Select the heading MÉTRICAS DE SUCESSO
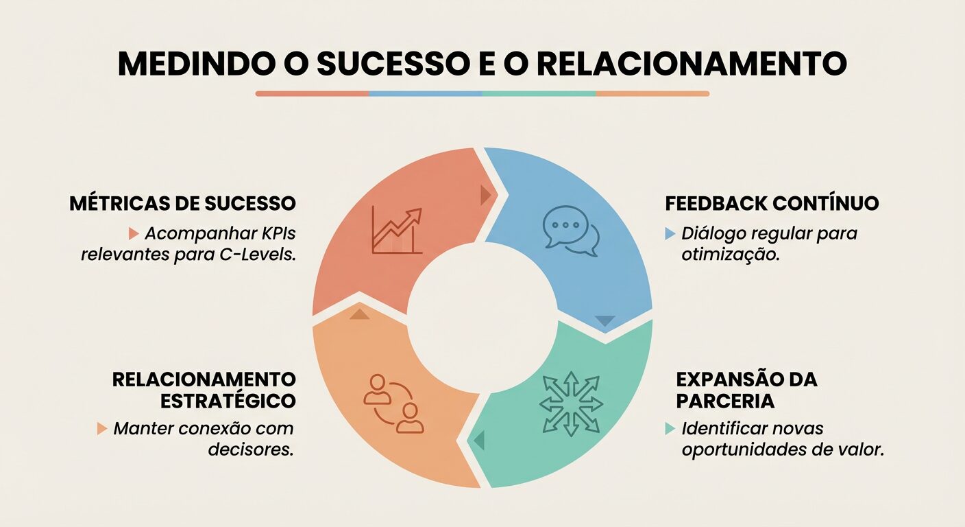click(182, 204)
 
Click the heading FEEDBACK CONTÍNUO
click(772, 204)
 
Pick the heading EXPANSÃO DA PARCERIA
click(746, 390)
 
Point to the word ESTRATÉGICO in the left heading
click(228, 401)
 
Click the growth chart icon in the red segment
click(396, 231)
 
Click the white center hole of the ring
click(483, 317)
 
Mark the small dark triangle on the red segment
click(486, 196)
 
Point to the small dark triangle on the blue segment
click(605, 320)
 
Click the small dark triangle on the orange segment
click(359, 314)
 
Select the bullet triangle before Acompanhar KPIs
click(134, 234)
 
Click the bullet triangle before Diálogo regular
click(670, 234)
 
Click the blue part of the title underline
click(425, 93)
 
